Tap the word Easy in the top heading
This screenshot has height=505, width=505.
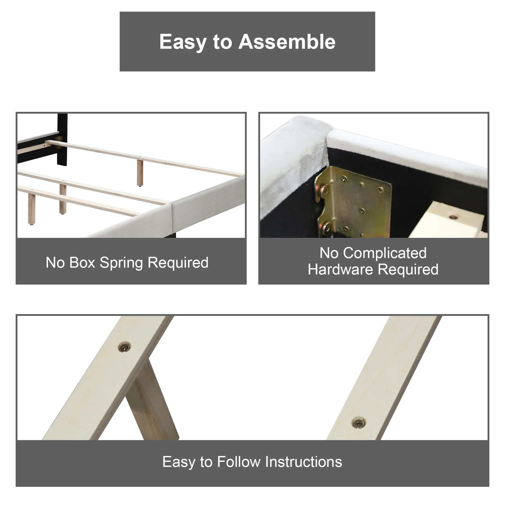[183, 42]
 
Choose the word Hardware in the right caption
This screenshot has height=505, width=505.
[340, 269]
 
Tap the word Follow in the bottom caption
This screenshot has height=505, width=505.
[239, 462]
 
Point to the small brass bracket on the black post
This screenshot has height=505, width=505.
[59, 139]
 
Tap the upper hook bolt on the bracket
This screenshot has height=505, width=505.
[325, 190]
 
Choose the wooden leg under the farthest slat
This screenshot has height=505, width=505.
[140, 172]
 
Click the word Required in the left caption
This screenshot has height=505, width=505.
[178, 263]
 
